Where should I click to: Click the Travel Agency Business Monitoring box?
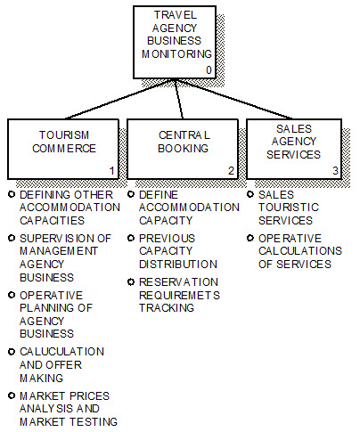177,40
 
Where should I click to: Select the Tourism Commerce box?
63,147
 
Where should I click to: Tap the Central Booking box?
182,147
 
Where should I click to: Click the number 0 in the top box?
209,69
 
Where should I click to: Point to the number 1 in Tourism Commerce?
111,170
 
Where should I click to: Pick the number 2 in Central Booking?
230,170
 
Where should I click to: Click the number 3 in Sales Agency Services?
335,169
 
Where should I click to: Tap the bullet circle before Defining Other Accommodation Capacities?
11,193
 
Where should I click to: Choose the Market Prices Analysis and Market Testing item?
68,408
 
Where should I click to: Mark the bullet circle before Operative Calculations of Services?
250,237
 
